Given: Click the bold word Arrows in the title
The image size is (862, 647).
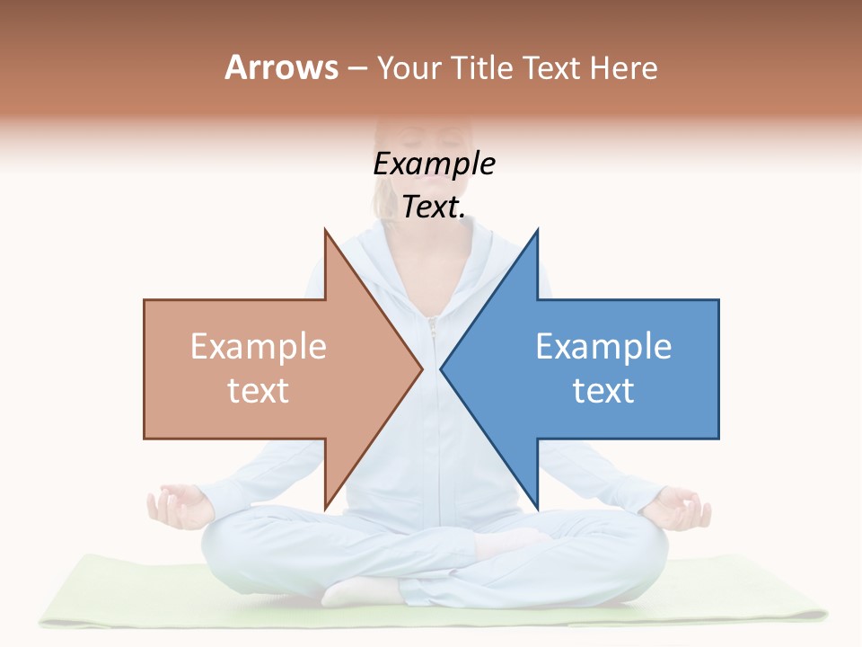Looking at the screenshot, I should (281, 67).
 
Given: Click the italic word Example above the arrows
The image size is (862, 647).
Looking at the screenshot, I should (434, 164).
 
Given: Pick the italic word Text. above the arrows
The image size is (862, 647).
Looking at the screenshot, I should (434, 208).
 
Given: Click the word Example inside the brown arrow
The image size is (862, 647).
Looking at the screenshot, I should (258, 347).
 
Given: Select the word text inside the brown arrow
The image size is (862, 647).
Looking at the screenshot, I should (258, 391).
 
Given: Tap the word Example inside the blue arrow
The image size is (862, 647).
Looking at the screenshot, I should (603, 347).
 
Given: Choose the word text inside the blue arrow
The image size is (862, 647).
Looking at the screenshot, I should (603, 391).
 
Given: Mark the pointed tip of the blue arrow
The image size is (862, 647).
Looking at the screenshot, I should (443, 368).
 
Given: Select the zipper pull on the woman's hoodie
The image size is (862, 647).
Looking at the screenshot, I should (432, 327).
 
